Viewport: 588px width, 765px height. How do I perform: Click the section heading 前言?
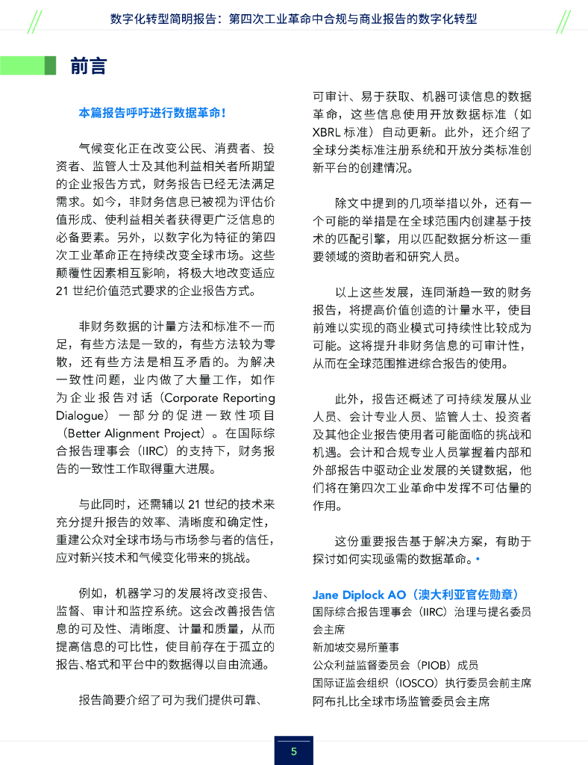[x=88, y=66]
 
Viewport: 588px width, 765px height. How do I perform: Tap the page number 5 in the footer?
[x=293, y=751]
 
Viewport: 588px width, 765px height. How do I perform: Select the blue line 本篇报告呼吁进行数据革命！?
[x=152, y=113]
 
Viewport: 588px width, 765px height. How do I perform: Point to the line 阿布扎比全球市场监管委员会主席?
[x=401, y=701]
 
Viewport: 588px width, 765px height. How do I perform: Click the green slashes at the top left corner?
[x=32, y=22]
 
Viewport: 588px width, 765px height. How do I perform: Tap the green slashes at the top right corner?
[x=563, y=22]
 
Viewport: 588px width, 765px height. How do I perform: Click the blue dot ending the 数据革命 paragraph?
[x=478, y=558]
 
